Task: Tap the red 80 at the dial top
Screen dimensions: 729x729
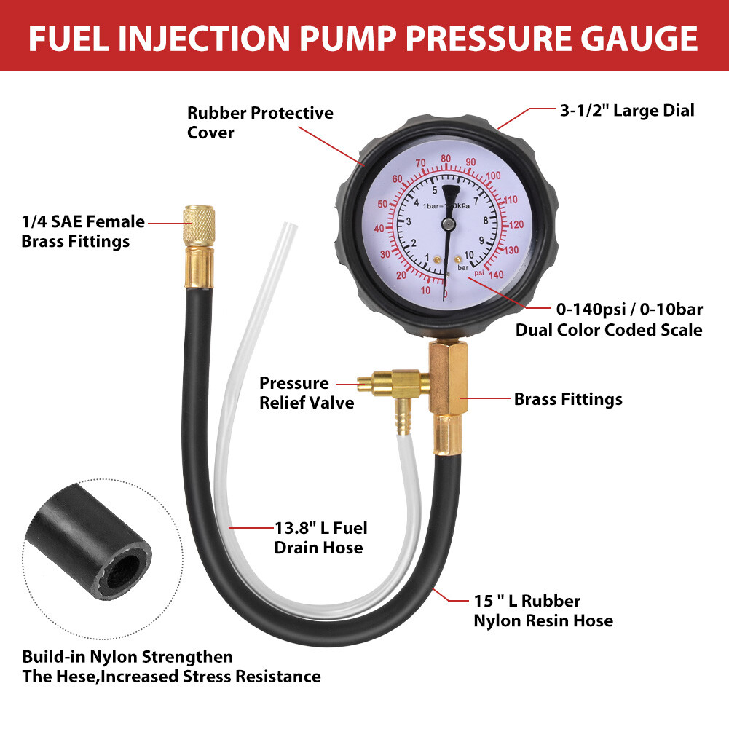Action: tap(445, 158)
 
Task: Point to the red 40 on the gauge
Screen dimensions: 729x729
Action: tap(379, 229)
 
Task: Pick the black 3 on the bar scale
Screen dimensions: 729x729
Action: tap(409, 221)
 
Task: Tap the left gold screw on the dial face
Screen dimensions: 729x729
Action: tap(436, 259)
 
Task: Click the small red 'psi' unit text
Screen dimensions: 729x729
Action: tap(479, 272)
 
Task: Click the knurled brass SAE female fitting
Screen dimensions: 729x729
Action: tap(196, 226)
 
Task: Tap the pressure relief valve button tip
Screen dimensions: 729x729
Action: tap(361, 382)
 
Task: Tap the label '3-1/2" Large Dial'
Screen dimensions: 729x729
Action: tap(626, 111)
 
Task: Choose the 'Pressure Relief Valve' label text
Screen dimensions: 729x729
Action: tap(307, 393)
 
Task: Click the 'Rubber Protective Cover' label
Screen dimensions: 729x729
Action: tap(260, 122)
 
